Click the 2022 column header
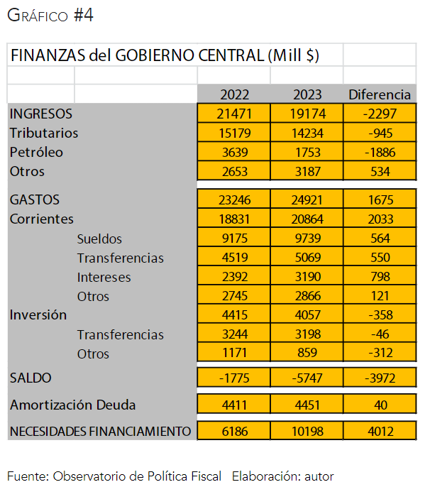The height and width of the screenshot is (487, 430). [234, 94]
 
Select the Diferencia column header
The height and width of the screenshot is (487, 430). [380, 94]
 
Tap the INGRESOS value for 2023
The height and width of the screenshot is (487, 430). [307, 114]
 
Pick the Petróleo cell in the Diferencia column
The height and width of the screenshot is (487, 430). [380, 152]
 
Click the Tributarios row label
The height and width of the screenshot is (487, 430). [44, 133]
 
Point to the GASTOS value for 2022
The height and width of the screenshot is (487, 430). [234, 200]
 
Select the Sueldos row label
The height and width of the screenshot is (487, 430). [99, 239]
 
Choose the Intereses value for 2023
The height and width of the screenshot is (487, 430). [307, 277]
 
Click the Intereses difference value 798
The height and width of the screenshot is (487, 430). [380, 277]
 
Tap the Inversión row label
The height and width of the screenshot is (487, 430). [38, 314]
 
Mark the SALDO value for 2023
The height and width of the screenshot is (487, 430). [307, 378]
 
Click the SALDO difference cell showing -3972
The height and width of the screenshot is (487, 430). [380, 378]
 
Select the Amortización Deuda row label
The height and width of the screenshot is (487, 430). [72, 405]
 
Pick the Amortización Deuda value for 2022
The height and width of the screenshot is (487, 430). [234, 405]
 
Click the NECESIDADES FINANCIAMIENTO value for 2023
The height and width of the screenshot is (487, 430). [307, 431]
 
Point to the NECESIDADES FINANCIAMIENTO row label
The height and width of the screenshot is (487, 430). [100, 431]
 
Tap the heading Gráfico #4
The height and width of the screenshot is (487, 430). [50, 16]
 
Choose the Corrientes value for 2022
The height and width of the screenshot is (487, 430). [234, 219]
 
